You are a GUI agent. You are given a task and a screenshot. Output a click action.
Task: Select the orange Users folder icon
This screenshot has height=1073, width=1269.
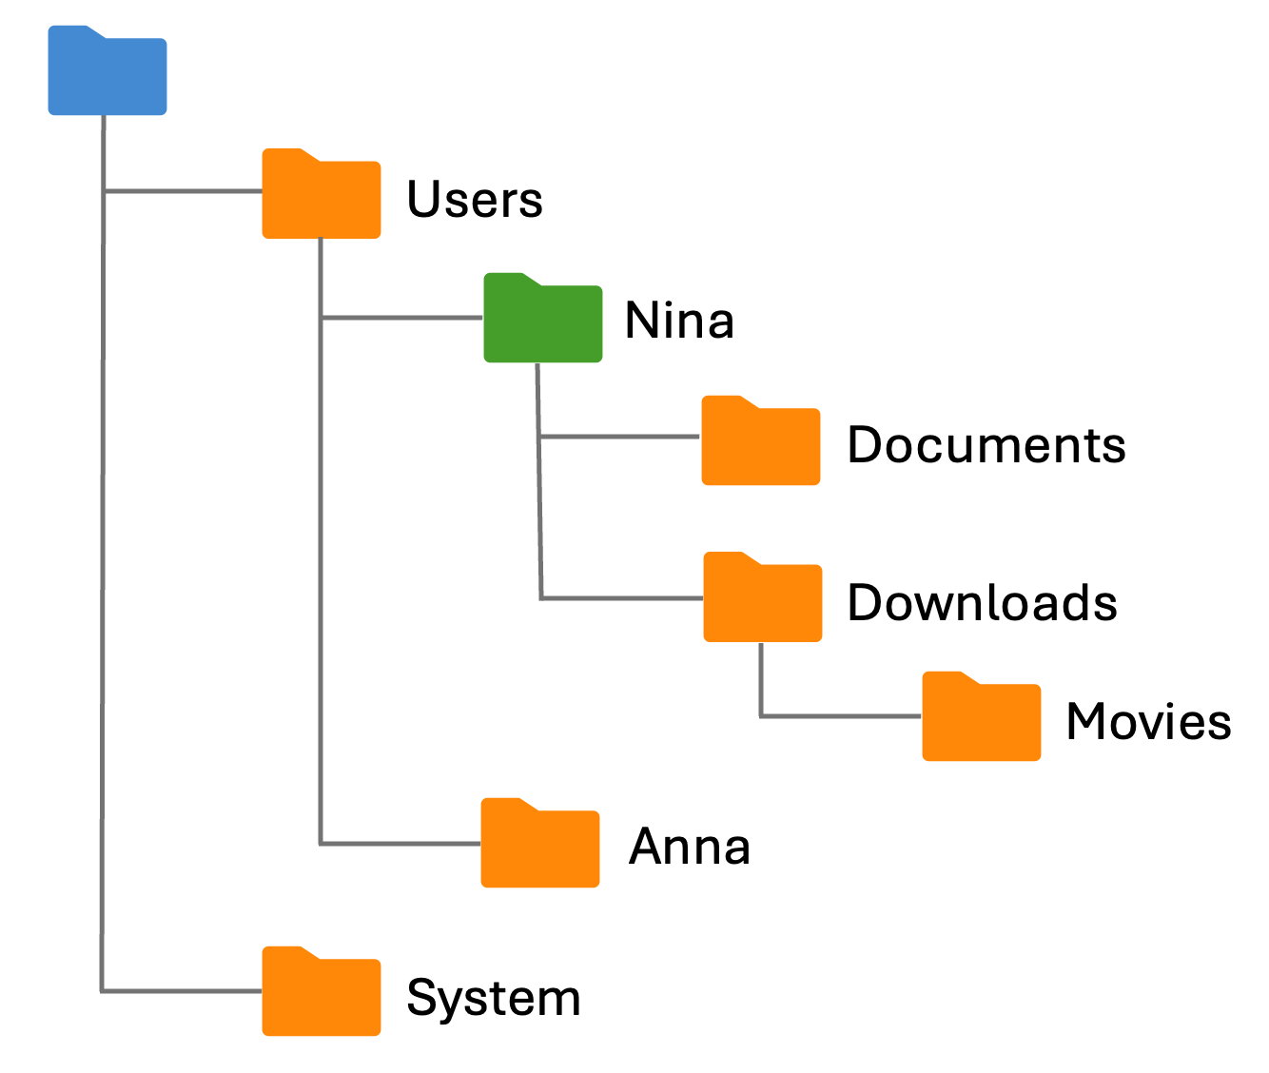pos(322,197)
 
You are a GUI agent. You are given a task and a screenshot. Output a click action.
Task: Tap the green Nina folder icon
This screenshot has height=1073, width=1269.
pos(542,322)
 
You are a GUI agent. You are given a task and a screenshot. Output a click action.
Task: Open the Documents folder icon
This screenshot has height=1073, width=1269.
pos(760,444)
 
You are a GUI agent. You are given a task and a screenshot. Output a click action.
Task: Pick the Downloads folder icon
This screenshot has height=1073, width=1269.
pos(762,600)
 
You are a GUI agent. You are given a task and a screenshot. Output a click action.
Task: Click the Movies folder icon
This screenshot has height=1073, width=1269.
pos(981,720)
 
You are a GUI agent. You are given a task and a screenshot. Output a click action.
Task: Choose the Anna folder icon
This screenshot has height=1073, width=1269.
pos(540,847)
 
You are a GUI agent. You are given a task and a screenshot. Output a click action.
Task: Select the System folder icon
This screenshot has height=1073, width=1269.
pos(322,995)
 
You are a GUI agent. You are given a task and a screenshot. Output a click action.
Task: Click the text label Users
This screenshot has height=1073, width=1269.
pos(474,200)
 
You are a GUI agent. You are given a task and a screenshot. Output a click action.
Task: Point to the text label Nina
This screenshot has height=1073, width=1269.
pos(679,321)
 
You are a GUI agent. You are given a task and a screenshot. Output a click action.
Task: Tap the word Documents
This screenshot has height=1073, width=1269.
pos(986,445)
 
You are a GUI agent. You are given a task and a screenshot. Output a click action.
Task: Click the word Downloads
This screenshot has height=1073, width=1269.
pos(982,603)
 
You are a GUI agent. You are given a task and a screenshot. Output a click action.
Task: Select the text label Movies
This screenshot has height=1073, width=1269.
pos(1148,722)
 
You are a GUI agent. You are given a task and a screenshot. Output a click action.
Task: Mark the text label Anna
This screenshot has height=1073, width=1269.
pos(690,847)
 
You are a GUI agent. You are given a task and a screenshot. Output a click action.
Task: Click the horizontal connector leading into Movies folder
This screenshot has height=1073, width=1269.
pos(841,715)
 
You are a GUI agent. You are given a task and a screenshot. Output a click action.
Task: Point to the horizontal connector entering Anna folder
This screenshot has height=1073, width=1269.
pos(400,843)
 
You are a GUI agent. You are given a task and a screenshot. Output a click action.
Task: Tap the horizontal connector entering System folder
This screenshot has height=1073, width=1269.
pos(182,991)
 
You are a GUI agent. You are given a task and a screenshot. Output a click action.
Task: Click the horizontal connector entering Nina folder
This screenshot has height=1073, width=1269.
pos(402,318)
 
